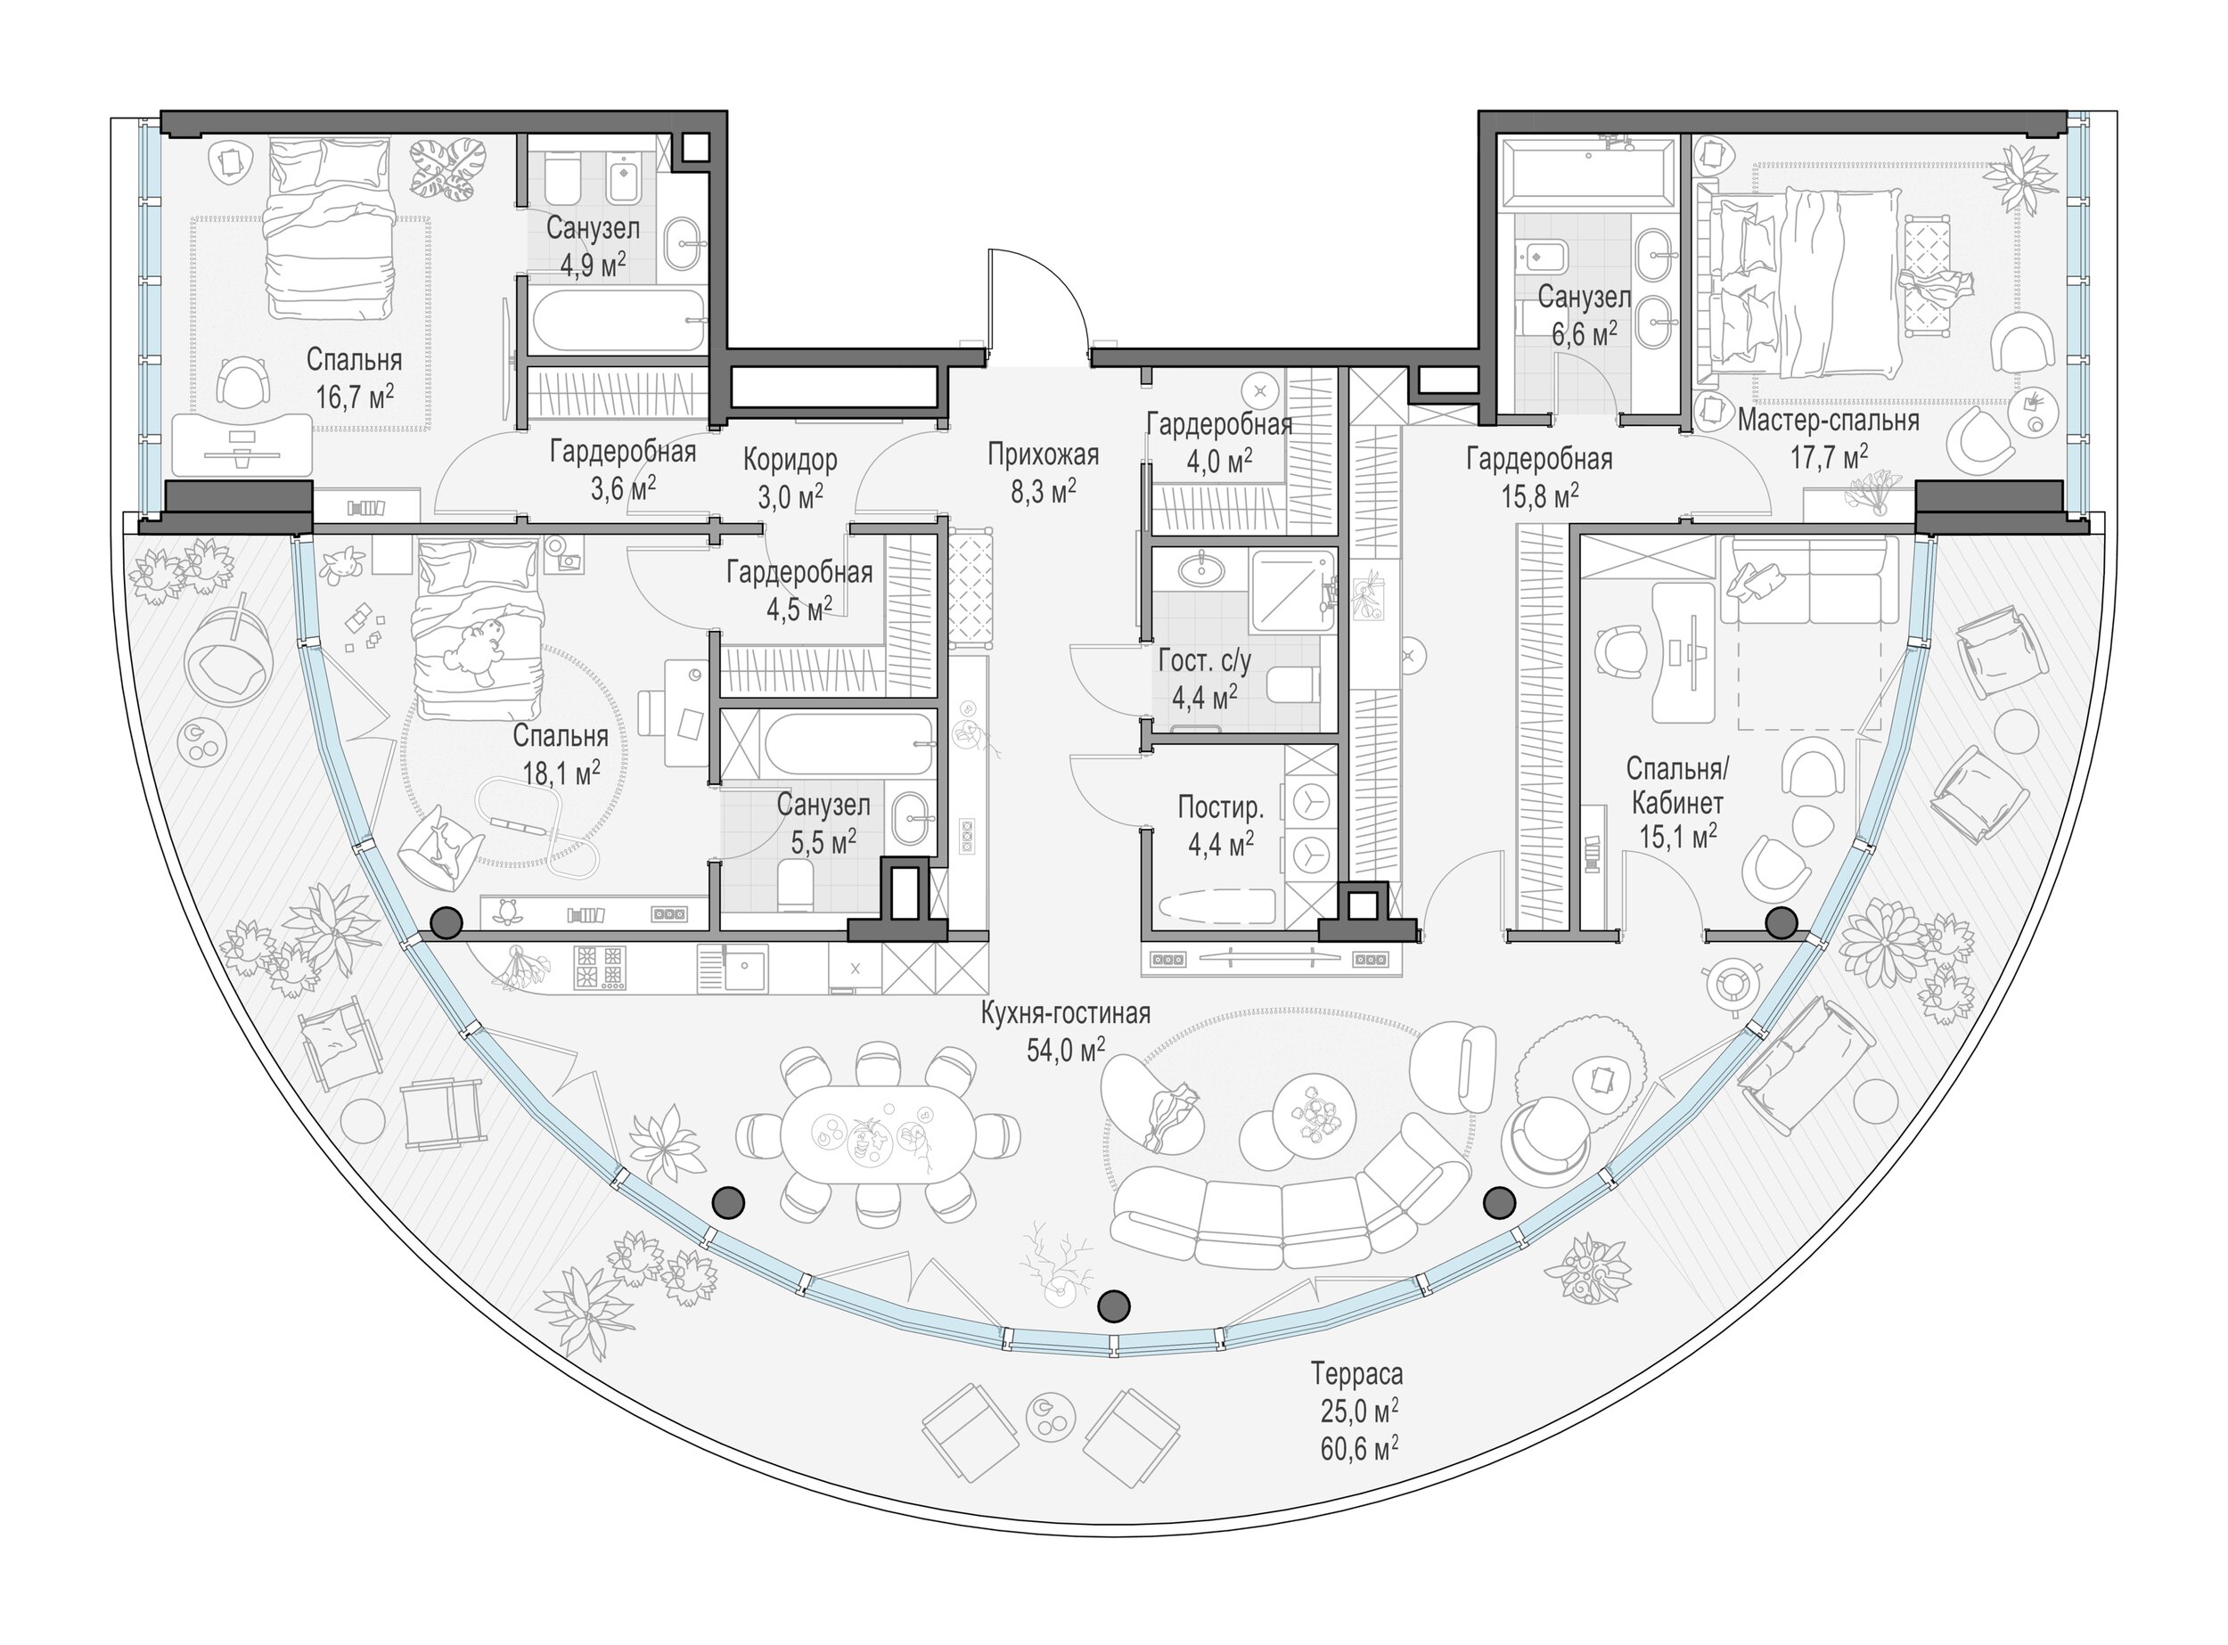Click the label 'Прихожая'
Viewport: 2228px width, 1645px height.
1043,455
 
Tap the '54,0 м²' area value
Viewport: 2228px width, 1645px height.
1066,1049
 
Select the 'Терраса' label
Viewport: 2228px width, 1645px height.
1356,1374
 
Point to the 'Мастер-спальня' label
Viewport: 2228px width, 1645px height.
1829,421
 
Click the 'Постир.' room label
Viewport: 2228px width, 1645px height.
1220,806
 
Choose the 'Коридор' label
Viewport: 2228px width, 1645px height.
790,460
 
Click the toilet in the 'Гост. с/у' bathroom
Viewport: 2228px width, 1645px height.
1293,685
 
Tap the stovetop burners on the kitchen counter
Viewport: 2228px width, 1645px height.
601,967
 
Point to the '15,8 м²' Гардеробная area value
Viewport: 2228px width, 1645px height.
1540,495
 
